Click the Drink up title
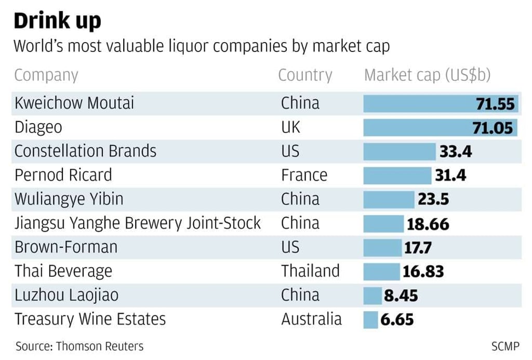57,21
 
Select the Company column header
46,75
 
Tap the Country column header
304,75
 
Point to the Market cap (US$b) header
427,75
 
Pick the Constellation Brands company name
85,151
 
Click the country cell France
304,175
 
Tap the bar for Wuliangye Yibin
389,199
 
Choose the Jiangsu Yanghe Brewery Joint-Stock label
137,223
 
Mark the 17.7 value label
418,247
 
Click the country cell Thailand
310,271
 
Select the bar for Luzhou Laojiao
373,296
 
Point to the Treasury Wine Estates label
90,319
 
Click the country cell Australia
311,319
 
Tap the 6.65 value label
397,319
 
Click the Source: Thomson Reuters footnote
79,346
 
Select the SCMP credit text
505,346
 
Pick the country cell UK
290,127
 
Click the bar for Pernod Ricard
397,176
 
